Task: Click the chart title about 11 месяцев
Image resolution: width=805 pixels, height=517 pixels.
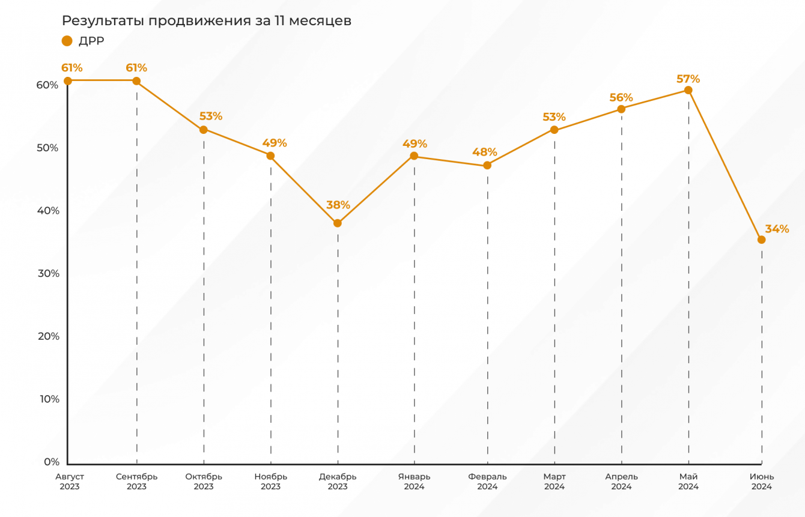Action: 207,21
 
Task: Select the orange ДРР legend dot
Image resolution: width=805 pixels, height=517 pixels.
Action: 67,41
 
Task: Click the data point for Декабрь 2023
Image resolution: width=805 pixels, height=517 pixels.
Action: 338,223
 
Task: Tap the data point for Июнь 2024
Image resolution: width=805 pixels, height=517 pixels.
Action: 762,240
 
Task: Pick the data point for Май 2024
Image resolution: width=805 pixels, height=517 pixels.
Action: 688,90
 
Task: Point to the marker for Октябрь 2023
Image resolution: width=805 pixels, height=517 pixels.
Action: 204,130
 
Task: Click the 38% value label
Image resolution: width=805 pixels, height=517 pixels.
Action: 338,205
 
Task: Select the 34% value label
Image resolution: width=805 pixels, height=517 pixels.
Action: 777,229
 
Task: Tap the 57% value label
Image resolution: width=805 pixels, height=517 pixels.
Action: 688,79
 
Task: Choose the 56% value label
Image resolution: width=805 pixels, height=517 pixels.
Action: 621,98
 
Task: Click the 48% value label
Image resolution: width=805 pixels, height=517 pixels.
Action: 485,152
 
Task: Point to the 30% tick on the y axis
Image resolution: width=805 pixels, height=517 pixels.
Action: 48,274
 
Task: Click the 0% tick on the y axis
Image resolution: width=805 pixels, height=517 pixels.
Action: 52,462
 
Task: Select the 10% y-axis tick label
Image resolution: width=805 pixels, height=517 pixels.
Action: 48,399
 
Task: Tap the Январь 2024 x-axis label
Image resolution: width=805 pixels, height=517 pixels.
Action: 414,482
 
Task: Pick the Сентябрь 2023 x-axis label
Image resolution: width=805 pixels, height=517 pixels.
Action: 137,482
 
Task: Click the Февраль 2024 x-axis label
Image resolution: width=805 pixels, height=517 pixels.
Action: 487,482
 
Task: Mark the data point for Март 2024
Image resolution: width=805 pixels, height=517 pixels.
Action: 554,130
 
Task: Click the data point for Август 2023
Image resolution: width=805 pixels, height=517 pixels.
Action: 68,80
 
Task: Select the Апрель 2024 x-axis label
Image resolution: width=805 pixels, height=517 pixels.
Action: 621,482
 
